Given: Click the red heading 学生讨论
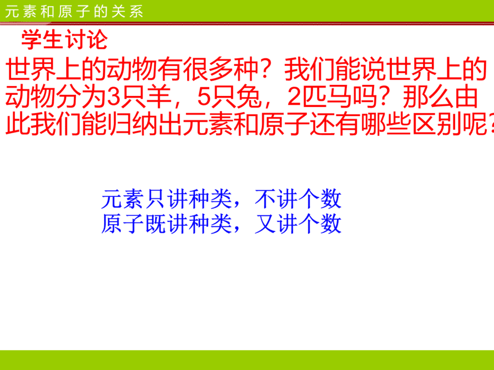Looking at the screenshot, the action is click(65, 40).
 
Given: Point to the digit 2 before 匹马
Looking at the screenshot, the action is click(294, 97).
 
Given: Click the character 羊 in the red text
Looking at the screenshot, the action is click(159, 97).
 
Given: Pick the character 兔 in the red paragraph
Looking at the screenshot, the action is click(249, 97).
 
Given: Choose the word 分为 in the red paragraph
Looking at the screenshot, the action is click(81, 97).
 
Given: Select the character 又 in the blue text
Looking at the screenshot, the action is click(265, 224).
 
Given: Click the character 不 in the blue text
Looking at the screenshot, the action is click(265, 199).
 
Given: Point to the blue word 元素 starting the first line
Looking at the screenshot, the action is click(122, 199).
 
